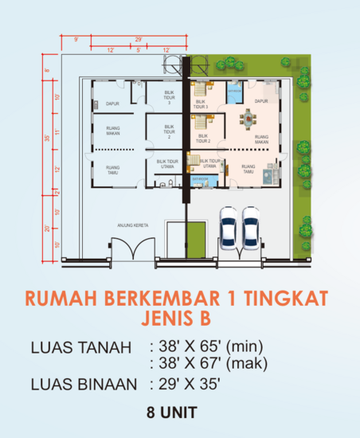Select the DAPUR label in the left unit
click(112, 103)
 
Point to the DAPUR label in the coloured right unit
click(260, 101)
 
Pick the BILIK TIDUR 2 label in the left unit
click(168, 131)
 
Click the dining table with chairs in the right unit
click(250, 120)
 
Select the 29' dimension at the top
click(138, 39)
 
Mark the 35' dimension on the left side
click(47, 139)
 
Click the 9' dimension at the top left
click(76, 39)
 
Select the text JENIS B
click(179, 321)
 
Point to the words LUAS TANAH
click(79, 347)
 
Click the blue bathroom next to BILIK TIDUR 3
click(234, 95)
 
